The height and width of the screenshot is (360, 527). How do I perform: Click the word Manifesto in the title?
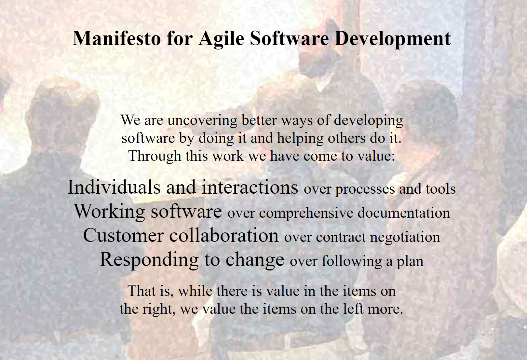coord(117,38)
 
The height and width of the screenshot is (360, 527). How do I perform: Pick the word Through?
coord(155,156)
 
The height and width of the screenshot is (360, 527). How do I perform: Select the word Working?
coord(109,212)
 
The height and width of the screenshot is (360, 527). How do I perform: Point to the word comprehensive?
coord(306,213)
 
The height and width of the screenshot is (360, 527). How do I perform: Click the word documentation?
coord(404,213)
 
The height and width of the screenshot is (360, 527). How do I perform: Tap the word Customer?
coord(124,235)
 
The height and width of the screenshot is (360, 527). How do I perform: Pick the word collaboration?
coord(224,235)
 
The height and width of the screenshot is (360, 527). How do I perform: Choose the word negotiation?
coord(405,238)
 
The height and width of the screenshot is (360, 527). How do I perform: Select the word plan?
coord(410,262)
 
